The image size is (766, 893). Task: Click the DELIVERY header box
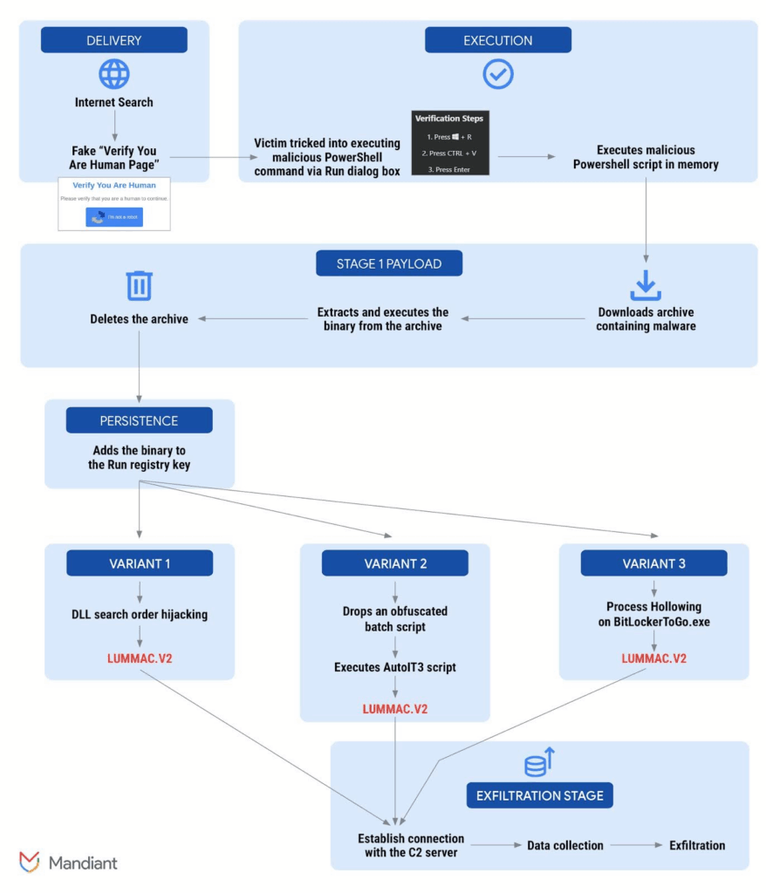click(113, 40)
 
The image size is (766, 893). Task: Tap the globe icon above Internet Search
click(113, 74)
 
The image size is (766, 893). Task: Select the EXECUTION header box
click(497, 40)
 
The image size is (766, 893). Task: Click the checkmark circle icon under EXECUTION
click(498, 75)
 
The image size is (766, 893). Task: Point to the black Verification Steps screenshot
click(449, 143)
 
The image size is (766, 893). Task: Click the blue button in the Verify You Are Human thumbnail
click(113, 217)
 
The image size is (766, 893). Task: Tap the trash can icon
click(139, 285)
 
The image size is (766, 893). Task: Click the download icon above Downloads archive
click(646, 285)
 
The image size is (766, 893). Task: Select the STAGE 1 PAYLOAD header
click(388, 263)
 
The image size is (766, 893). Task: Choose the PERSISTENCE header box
click(139, 420)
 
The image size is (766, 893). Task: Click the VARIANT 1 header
click(139, 563)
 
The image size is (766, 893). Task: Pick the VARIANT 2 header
click(394, 563)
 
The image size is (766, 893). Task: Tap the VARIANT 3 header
click(653, 563)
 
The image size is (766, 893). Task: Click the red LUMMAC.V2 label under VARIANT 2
click(394, 708)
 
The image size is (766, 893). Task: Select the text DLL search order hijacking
click(139, 615)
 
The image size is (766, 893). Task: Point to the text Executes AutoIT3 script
click(394, 667)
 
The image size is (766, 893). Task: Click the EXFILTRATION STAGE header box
click(539, 795)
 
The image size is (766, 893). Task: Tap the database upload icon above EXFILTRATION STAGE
click(539, 762)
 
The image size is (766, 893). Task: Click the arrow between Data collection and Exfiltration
click(635, 845)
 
